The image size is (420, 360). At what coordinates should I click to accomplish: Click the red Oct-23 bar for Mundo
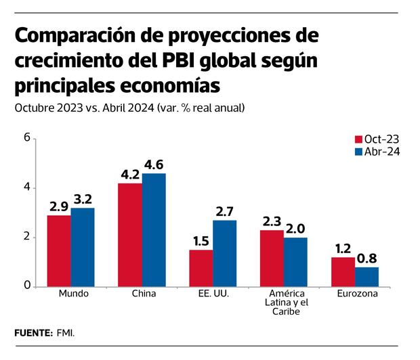tap(59, 250)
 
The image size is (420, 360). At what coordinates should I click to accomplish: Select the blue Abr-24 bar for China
tap(154, 230)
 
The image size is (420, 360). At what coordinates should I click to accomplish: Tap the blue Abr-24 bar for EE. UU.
tap(225, 253)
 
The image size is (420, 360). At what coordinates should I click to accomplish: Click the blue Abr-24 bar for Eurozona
tap(367, 276)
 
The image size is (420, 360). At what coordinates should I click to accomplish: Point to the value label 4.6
tap(154, 164)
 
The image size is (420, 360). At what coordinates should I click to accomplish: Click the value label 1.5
tap(201, 242)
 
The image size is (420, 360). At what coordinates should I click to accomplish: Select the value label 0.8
tap(367, 258)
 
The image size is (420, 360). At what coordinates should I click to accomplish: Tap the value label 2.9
tap(59, 206)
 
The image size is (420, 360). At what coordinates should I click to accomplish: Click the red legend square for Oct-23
tap(358, 139)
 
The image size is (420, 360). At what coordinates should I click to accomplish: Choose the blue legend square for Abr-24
tap(358, 152)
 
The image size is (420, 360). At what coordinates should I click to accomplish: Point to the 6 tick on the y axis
tap(27, 137)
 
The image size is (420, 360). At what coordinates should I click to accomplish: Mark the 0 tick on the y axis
tap(27, 286)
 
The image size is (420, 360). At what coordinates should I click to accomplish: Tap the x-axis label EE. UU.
tap(213, 294)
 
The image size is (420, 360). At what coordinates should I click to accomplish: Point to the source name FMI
tap(66, 333)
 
